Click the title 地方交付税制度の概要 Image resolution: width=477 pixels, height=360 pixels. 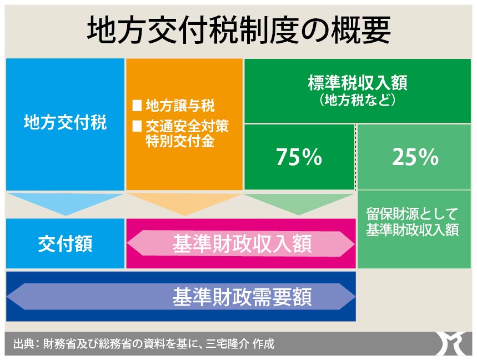point(239,30)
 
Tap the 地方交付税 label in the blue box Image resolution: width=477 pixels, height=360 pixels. point(66,122)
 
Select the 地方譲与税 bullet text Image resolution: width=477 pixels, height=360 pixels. point(180,106)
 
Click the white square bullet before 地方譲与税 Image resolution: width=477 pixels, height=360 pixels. point(137,106)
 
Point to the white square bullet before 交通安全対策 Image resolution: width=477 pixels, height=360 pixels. point(137,126)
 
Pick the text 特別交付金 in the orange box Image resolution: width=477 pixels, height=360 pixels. point(180,141)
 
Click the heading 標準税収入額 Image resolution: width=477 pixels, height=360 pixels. point(358,83)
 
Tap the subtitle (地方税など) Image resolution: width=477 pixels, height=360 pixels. point(358,101)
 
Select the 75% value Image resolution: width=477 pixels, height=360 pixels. point(299,157)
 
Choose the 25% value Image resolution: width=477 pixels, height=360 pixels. point(415,157)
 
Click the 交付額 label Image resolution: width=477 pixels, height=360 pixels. point(65,244)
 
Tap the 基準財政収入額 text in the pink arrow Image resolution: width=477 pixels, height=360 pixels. point(242,244)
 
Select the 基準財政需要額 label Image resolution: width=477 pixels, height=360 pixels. point(242,297)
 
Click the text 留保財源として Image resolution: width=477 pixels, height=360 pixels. point(412,214)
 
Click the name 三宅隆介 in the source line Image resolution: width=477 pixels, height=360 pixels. point(226,344)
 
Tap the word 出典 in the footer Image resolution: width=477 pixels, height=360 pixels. point(23,344)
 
